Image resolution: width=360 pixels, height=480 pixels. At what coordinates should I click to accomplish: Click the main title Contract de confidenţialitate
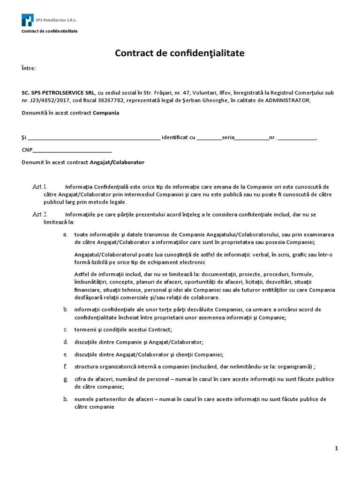tap(180, 53)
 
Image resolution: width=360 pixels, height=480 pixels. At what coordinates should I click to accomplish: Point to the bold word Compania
tap(106, 113)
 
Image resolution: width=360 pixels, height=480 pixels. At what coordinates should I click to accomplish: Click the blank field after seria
tap(251, 139)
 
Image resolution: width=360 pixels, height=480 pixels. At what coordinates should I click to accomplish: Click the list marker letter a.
tap(65, 234)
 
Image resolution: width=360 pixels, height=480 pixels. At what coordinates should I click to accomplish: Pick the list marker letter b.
tap(65, 310)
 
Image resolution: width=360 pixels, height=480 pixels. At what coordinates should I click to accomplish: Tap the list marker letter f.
tap(65, 366)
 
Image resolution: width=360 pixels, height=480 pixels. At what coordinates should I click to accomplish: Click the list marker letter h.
tap(65, 399)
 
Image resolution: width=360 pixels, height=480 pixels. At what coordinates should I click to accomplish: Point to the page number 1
tap(337, 449)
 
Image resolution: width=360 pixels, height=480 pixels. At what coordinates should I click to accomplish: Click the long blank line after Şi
tap(94, 139)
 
